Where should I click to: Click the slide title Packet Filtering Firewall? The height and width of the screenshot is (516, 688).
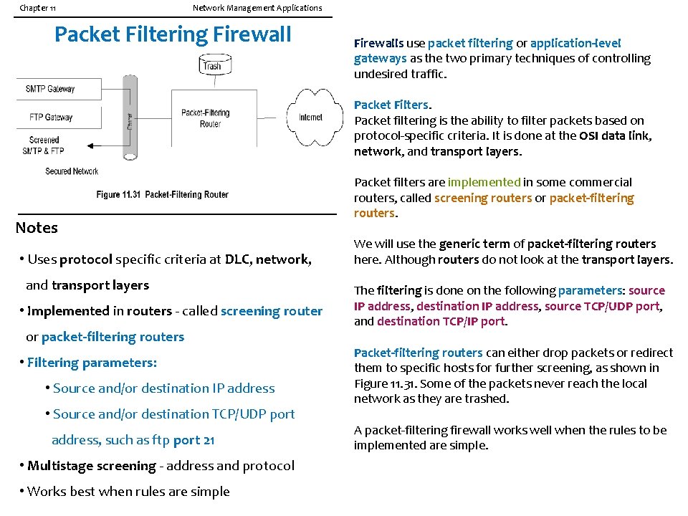tap(173, 34)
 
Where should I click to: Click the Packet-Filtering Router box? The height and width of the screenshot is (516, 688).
tap(205, 118)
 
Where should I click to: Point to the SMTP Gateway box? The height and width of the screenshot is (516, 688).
tap(50, 89)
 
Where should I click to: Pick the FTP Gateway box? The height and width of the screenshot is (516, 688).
tap(50, 117)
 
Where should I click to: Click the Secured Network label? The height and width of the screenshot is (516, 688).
tap(72, 171)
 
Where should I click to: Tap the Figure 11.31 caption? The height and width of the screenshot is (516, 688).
tap(162, 195)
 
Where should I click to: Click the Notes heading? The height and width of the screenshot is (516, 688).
tap(37, 228)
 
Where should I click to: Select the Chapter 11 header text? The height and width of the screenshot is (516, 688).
tap(38, 8)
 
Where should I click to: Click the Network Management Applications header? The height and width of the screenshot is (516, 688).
tap(257, 8)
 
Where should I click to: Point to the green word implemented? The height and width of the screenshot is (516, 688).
tap(484, 182)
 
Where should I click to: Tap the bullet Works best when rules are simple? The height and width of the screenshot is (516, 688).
tap(128, 492)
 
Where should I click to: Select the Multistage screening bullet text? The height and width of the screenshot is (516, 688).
tap(161, 466)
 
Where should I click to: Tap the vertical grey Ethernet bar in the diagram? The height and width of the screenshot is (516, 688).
tap(130, 118)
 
